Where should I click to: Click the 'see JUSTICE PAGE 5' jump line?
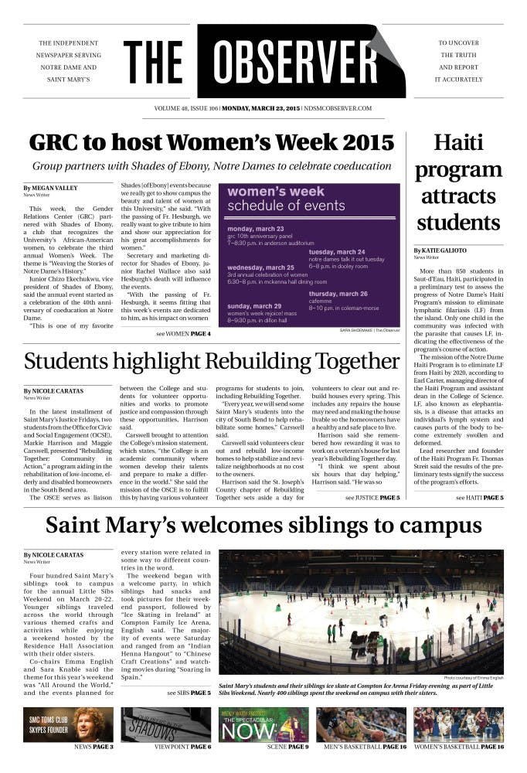coord(372,498)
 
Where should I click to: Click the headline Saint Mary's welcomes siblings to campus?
coord(263,526)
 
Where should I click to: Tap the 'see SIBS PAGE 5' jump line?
coord(189,693)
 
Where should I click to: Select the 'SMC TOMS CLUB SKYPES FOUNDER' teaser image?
coord(68,724)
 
